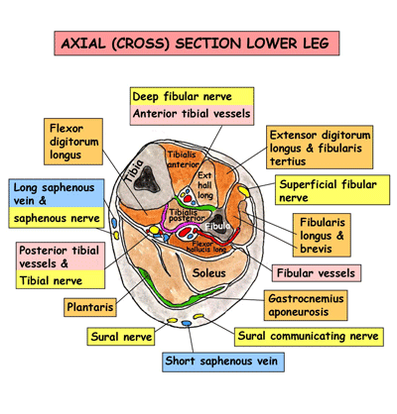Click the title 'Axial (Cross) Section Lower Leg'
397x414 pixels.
tap(198, 45)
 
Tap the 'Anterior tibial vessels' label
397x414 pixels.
tap(192, 115)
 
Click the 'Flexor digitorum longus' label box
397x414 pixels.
tap(75, 142)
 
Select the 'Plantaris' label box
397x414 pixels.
tap(90, 308)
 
